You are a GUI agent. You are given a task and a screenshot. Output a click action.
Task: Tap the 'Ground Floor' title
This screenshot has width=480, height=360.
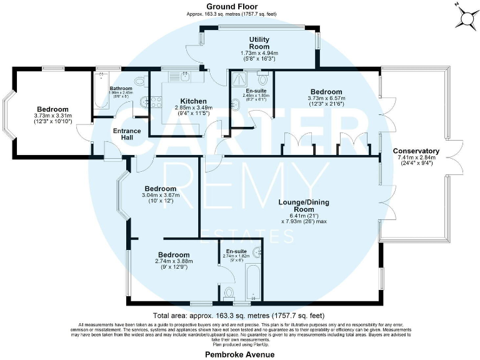232,6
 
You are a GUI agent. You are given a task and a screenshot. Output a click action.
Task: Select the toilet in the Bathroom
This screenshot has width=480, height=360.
140,81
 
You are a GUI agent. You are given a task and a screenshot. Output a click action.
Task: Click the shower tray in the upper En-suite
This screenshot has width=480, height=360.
239,79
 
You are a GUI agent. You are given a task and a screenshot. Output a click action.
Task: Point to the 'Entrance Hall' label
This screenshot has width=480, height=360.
127,135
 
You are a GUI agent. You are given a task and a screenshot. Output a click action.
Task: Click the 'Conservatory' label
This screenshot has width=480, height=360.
416,151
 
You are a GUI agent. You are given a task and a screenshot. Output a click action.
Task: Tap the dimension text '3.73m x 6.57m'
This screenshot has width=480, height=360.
325,98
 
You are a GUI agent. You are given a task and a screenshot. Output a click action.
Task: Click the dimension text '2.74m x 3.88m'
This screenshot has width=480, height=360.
174,262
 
